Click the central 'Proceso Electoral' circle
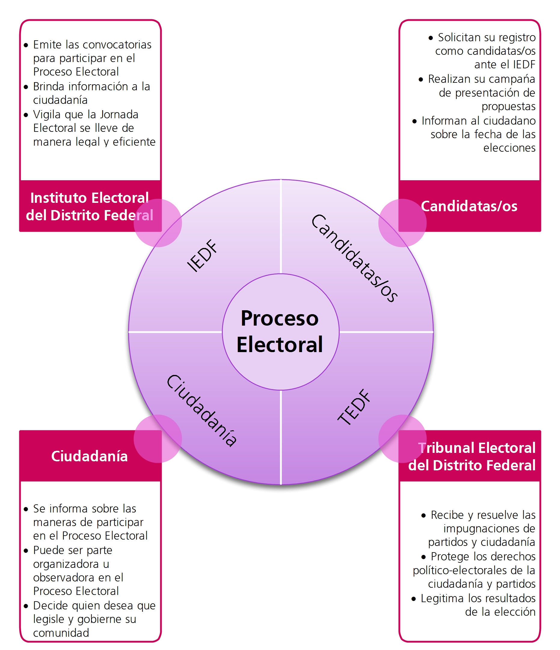pos(280,332)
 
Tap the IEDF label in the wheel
pos(202,255)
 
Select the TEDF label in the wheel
pos(354,407)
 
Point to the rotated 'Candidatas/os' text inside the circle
pos(354,258)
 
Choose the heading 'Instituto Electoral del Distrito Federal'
pos(90,206)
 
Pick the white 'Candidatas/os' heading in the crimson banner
pos(469,206)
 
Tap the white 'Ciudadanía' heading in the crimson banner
pos(89,456)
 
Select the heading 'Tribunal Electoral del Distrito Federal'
pos(472,457)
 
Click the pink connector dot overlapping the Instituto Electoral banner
pos(158,223)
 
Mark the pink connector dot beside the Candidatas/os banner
pos(402,223)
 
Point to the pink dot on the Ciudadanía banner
pos(158,438)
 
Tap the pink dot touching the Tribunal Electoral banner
pos(402,438)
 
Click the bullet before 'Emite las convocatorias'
pos(26,45)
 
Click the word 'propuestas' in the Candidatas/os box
pos(508,106)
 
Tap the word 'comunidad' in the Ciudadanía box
pos(61,633)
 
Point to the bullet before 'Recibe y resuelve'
pos(424,515)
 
